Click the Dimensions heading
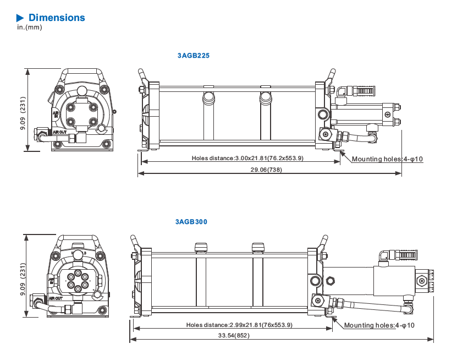pyautogui.click(x=57, y=18)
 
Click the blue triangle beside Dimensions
pyautogui.click(x=20, y=18)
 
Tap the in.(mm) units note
pyautogui.click(x=29, y=28)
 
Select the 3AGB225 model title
pyautogui.click(x=193, y=56)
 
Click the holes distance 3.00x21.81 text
pyautogui.click(x=247, y=159)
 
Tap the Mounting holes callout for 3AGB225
pyautogui.click(x=387, y=159)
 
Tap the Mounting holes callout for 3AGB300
pyautogui.click(x=379, y=325)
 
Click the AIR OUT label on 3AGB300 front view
pyautogui.click(x=56, y=298)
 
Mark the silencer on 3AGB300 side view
pyautogui.click(x=405, y=255)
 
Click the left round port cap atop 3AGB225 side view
pyautogui.click(x=209, y=97)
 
